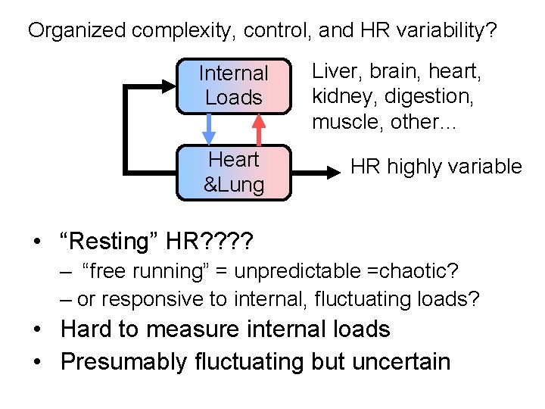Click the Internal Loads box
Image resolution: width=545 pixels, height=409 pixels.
pos(233,86)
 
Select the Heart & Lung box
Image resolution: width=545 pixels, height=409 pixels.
pos(233,172)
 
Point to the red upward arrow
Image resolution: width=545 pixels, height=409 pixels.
pos(258,129)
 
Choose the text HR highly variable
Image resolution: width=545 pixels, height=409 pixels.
pos(436,167)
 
